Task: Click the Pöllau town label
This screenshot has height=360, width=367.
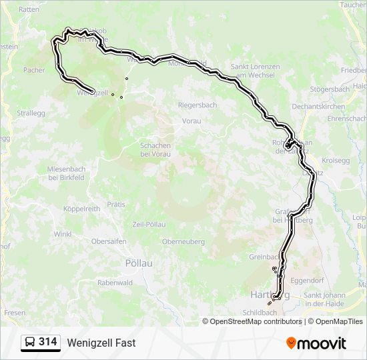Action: [139, 263]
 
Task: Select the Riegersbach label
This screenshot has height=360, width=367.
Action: [197, 105]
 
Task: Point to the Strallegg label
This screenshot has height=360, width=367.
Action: [31, 113]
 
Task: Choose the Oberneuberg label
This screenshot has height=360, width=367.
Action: [183, 242]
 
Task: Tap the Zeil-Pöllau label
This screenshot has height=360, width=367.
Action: [149, 225]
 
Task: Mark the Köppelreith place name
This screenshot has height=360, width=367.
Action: [81, 209]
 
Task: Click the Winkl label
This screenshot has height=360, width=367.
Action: [63, 234]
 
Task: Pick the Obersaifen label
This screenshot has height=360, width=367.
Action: [108, 241]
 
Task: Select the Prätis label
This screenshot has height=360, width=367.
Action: [115, 205]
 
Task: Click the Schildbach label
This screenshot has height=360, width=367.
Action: [260, 313]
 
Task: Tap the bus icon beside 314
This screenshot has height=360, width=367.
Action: [30, 343]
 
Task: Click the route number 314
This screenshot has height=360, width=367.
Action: [47, 342]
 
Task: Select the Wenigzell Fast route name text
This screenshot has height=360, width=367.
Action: [101, 343]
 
